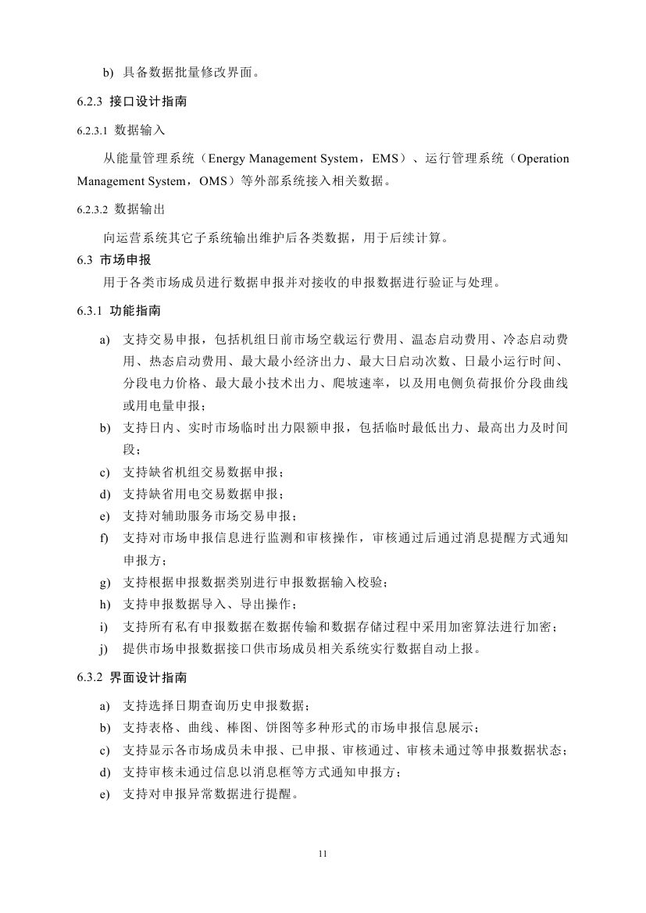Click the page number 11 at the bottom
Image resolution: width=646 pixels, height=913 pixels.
pos(323,854)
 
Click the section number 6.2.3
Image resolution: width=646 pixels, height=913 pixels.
pos(89,102)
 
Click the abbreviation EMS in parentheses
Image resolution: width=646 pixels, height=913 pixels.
pos(385,159)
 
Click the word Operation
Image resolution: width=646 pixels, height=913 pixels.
pos(543,159)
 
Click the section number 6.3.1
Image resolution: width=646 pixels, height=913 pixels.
pos(89,311)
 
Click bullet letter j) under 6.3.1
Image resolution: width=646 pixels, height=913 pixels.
pos(104,648)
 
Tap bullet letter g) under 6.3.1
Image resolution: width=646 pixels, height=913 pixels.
pos(104,583)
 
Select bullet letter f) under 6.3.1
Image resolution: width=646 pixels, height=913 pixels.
pos(104,538)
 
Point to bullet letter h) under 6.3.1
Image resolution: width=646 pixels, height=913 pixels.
pos(104,605)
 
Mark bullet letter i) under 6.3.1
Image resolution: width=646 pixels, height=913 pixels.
pos(104,626)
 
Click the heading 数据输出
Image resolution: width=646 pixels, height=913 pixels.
pos(139,210)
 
